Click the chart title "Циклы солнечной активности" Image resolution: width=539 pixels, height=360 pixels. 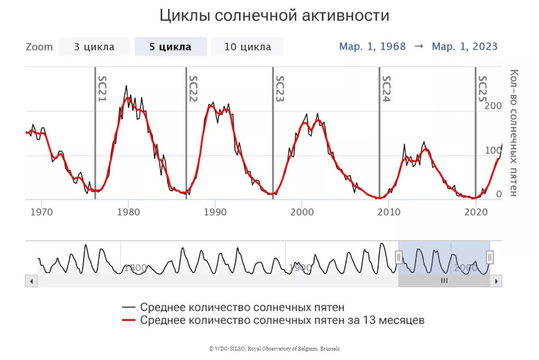(x=275, y=16)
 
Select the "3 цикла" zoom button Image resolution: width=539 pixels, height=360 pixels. (x=94, y=47)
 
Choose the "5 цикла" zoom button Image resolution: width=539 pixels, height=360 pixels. (x=170, y=47)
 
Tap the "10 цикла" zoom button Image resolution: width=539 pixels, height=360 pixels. (x=247, y=47)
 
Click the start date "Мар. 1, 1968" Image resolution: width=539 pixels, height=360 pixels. (x=373, y=47)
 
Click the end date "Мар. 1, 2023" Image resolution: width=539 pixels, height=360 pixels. (x=465, y=47)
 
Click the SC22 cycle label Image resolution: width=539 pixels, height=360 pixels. (x=193, y=89)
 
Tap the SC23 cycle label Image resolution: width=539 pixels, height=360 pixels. (x=280, y=89)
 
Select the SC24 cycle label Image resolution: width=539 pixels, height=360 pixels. (x=386, y=89)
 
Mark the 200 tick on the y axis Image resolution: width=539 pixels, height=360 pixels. (x=493, y=106)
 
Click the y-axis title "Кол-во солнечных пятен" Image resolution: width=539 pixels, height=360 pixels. (x=513, y=133)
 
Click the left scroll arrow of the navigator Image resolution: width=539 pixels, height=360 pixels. (x=31, y=281)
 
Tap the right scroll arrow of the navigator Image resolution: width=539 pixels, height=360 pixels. (x=497, y=281)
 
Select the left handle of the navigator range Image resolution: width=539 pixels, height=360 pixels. (x=399, y=258)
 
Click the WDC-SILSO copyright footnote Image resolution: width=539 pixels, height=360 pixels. (x=275, y=348)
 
